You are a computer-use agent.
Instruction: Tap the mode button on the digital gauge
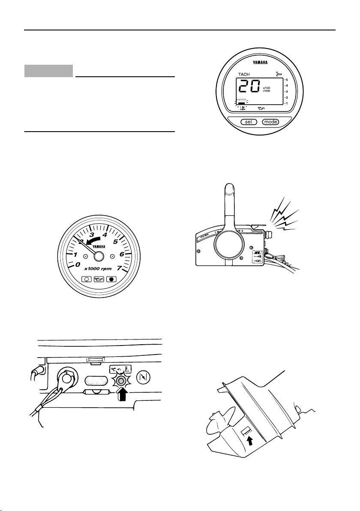coord(270,121)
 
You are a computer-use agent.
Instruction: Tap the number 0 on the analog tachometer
coord(77,265)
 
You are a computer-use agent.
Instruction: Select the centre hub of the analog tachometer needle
coord(99,256)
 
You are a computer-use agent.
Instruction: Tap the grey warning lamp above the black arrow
coord(121,381)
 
